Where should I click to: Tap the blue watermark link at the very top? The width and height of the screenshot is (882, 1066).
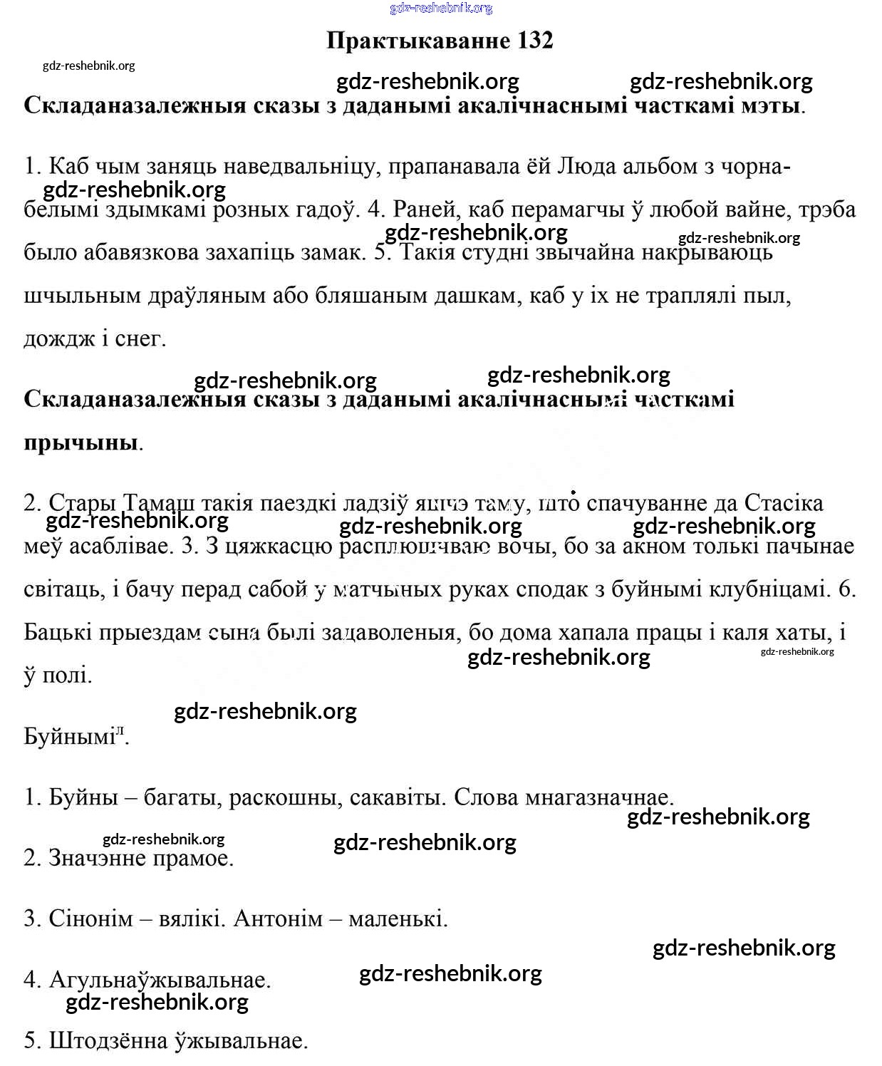pyautogui.click(x=441, y=8)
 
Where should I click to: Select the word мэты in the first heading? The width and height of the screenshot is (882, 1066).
pyautogui.click(x=767, y=105)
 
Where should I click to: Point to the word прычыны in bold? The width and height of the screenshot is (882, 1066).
pyautogui.click(x=81, y=442)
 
